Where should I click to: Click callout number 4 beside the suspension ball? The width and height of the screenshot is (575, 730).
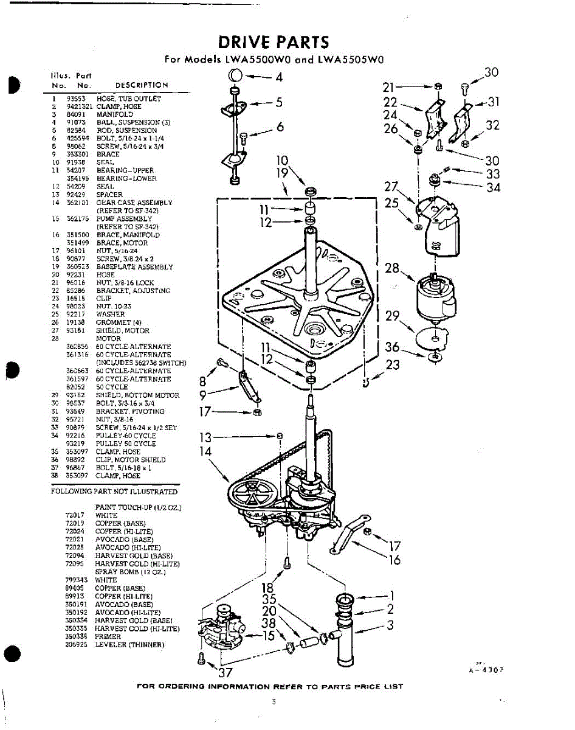tap(279, 77)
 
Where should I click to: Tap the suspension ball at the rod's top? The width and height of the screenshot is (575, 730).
tap(235, 77)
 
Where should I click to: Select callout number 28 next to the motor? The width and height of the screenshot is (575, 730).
tap(392, 268)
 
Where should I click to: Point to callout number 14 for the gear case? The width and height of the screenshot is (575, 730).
tap(206, 451)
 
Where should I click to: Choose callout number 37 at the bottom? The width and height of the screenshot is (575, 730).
tap(226, 672)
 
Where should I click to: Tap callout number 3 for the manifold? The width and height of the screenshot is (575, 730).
tap(391, 624)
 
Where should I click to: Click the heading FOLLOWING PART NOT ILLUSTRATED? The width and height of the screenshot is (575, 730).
tap(114, 492)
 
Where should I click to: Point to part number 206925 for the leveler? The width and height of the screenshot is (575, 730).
tap(76, 644)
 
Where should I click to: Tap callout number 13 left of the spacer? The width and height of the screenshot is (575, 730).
tap(206, 437)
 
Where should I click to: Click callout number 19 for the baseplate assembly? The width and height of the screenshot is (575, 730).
tap(281, 173)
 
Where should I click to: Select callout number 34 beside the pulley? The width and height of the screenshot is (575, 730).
tap(493, 187)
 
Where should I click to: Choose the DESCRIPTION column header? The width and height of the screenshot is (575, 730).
tap(142, 85)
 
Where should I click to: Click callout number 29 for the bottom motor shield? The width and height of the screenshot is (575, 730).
tap(393, 316)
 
